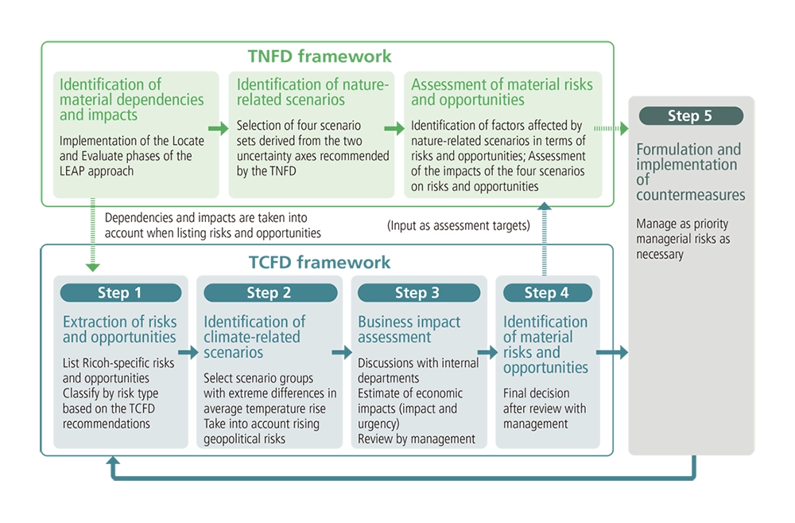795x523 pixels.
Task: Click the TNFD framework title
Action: pos(320,57)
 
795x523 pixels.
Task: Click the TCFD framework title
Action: pos(319,262)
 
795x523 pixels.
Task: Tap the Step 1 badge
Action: pos(119,293)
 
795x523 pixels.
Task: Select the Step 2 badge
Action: pos(268,293)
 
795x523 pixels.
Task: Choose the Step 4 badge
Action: pos(546,293)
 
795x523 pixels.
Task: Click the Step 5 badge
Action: pos(689,116)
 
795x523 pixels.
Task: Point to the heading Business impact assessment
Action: pos(409,329)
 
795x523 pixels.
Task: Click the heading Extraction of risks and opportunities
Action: pos(119,329)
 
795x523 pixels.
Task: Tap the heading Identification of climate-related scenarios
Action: pos(254,337)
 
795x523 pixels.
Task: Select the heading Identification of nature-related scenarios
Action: pos(312,92)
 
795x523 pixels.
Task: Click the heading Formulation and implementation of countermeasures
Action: pos(688,172)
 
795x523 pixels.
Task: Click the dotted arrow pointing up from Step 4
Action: pos(545,239)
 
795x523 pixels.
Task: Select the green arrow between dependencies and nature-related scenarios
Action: pos(216,127)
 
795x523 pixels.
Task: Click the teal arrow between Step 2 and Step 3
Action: pos(343,353)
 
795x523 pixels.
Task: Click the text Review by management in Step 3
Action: pos(416,439)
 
